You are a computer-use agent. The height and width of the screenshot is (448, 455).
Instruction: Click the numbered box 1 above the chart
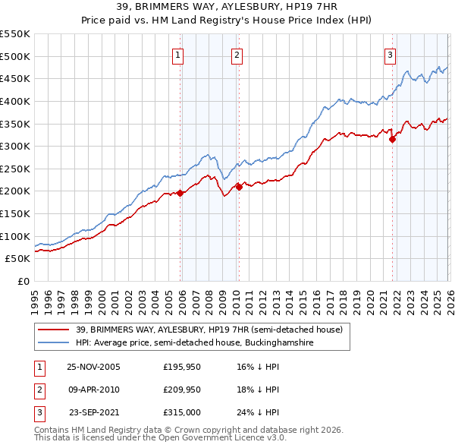(177, 54)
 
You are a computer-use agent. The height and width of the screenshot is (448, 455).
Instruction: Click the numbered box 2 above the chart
(237, 54)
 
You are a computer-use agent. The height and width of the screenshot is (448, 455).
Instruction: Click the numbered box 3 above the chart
(390, 54)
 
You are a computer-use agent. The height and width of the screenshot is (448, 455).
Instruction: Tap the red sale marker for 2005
(180, 193)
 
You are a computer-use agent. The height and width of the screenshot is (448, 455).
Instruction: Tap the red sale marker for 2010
(238, 186)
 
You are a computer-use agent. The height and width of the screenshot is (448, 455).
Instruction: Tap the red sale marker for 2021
(393, 139)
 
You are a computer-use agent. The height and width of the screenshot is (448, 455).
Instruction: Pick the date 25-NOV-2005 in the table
(93, 367)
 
